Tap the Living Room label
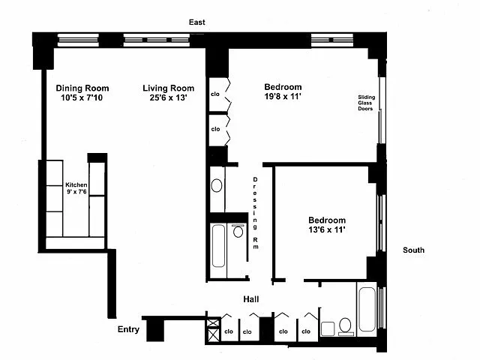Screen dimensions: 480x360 pos(169,87)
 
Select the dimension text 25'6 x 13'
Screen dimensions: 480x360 pos(169,97)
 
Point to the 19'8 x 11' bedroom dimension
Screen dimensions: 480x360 pos(283,97)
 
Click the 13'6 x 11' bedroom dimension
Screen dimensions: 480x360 pos(326,230)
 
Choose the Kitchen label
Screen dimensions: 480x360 pos(76,184)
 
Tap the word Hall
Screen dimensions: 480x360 pos(251,299)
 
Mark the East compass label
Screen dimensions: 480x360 pos(197,23)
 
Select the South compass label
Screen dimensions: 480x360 pos(413,250)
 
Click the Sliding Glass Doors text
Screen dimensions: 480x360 pos(366,102)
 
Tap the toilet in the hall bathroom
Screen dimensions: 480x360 pos(345,325)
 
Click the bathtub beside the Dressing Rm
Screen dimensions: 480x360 pos(218,246)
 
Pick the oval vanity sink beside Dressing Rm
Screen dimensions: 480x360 pos(217,184)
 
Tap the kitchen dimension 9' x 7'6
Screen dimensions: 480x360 pos(76,193)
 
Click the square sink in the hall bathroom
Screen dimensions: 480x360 pos(327,328)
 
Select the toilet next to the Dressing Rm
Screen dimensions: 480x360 pos(238,231)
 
